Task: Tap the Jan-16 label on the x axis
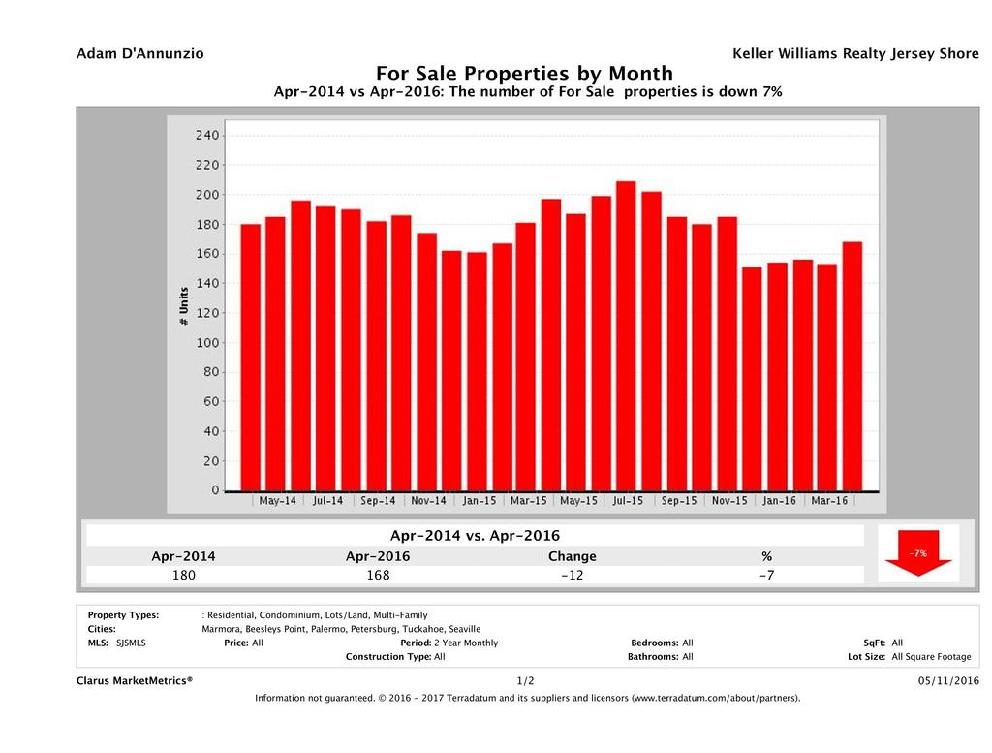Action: [x=779, y=501]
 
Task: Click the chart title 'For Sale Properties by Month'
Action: [x=523, y=74]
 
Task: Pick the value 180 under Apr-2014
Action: [x=183, y=576]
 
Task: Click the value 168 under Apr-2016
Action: [x=377, y=576]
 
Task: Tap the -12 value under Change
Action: [x=572, y=576]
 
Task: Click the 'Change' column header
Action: [x=572, y=556]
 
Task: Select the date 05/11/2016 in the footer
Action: [x=948, y=681]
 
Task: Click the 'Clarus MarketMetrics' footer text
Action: [x=135, y=681]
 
